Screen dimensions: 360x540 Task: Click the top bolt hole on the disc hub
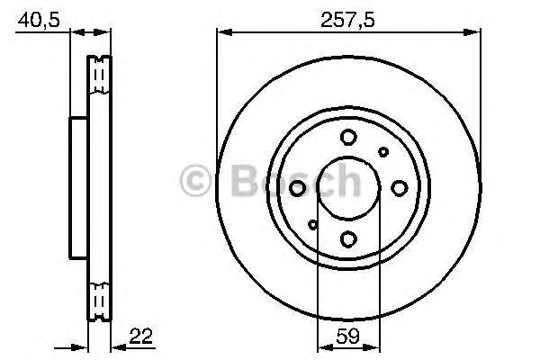click(347, 138)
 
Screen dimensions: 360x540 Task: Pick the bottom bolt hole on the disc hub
click(347, 238)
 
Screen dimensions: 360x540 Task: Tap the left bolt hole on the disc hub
click(297, 188)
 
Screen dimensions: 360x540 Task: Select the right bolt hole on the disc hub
click(398, 188)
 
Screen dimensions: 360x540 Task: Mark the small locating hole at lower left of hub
click(312, 223)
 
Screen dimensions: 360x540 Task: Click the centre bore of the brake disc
click(347, 188)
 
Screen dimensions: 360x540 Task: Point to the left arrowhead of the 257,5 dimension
click(221, 33)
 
